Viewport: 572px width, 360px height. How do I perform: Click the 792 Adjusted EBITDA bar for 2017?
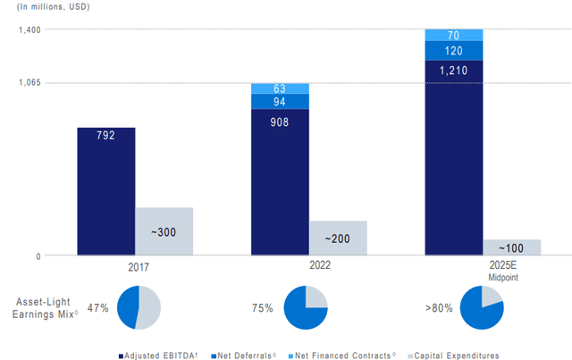pyautogui.click(x=106, y=191)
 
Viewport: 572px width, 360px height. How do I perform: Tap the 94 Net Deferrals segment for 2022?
pyautogui.click(x=280, y=102)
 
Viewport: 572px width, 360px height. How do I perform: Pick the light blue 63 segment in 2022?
pyautogui.click(x=280, y=88)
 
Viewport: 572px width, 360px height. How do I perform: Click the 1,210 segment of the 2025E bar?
pyautogui.click(x=454, y=157)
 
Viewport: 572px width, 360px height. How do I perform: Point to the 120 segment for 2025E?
pyautogui.click(x=454, y=51)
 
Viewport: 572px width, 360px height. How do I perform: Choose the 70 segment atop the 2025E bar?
pyautogui.click(x=454, y=35)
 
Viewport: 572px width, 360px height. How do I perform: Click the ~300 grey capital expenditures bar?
pyautogui.click(x=164, y=231)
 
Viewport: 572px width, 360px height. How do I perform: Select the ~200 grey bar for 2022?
pyautogui.click(x=338, y=239)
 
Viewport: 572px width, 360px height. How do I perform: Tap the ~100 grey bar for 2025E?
pyautogui.click(x=512, y=247)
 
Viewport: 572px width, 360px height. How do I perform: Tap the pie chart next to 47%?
pyautogui.click(x=139, y=308)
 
